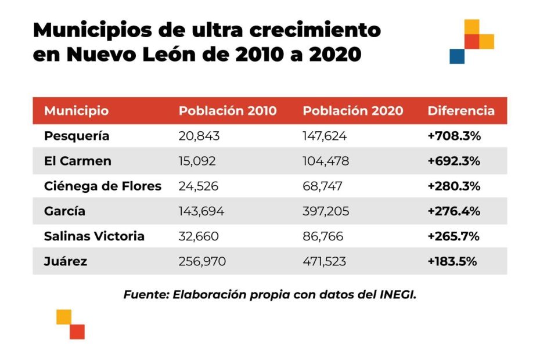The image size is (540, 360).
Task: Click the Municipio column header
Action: (x=76, y=111)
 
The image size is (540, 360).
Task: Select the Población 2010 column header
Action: (x=228, y=111)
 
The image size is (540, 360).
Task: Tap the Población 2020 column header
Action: (x=353, y=111)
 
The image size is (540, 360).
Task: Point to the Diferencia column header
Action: (x=461, y=111)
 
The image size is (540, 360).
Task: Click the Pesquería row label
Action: (x=76, y=136)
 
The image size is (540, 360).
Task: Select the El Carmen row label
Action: (x=77, y=161)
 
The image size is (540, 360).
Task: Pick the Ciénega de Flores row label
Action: (x=102, y=186)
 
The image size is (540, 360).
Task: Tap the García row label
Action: (x=64, y=211)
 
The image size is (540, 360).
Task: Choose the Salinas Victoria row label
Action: (x=94, y=236)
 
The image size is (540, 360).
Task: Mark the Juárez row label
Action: (x=66, y=261)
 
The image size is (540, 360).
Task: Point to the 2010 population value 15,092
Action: (x=197, y=161)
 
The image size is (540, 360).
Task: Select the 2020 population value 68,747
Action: (x=322, y=186)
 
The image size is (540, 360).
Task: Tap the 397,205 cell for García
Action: (x=326, y=211)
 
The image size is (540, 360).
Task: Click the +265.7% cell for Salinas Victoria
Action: (x=454, y=236)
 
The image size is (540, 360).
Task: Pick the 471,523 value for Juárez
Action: (x=324, y=261)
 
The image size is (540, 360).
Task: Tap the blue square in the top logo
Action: (x=457, y=56)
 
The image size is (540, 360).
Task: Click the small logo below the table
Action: (x=71, y=324)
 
